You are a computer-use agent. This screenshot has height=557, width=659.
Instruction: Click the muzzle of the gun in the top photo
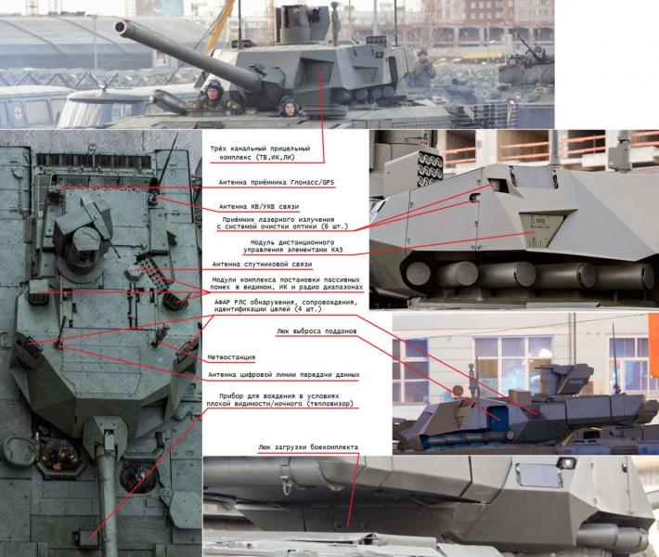[121, 27]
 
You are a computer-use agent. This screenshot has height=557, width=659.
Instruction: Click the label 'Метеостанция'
[231, 357]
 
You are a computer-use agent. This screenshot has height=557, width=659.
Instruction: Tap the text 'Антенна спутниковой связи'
[262, 265]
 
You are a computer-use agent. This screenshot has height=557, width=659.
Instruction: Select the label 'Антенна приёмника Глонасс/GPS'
[277, 183]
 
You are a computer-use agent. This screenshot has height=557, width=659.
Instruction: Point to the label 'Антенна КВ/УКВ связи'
[259, 207]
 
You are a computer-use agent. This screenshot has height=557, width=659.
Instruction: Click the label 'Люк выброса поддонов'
[317, 331]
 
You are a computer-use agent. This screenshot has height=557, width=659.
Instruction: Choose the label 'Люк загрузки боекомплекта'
[308, 447]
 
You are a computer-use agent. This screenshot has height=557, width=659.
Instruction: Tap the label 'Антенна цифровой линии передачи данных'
[284, 374]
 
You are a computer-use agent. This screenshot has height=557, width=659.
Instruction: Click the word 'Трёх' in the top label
[218, 149]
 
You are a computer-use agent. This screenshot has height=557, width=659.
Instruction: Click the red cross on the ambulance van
[18, 112]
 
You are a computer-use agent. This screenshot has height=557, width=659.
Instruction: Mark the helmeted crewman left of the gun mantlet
[213, 96]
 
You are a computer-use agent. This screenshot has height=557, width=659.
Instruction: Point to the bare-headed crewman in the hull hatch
[290, 107]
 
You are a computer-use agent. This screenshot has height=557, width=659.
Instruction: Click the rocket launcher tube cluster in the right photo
[429, 170]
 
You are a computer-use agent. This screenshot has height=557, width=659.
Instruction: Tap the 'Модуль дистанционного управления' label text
[292, 246]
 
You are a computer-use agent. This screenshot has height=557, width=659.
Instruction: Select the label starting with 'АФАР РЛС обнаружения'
[286, 305]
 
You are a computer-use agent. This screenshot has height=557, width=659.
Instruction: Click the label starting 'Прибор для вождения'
[280, 400]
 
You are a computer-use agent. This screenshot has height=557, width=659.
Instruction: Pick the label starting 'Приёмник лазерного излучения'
[282, 223]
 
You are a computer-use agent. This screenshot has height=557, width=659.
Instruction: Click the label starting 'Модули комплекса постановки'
[287, 283]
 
